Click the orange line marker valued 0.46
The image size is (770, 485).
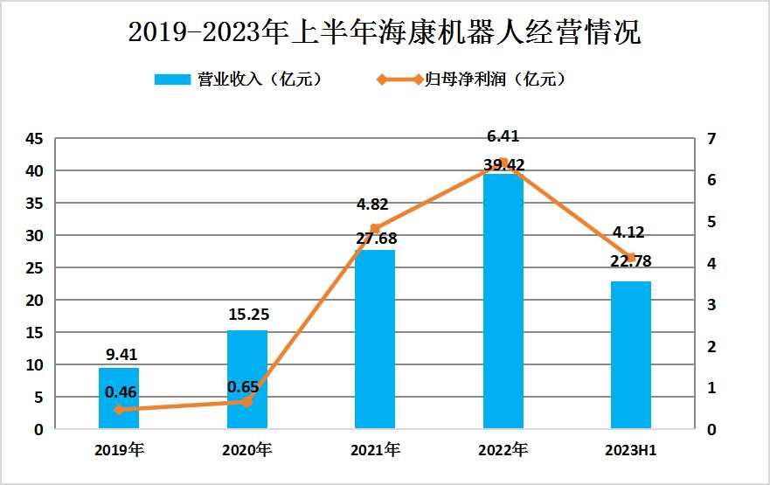point(119,409)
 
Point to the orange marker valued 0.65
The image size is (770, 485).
point(247,401)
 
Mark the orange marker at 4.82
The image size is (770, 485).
point(375,229)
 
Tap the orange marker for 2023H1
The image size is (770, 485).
point(631,258)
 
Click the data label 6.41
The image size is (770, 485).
point(503,136)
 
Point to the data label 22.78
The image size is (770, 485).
point(631,260)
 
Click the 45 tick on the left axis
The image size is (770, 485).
point(34,139)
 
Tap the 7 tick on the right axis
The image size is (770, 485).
point(711,139)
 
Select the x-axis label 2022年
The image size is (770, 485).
point(503,451)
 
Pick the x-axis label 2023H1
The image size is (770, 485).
point(631,451)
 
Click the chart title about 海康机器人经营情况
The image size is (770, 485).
point(385,34)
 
